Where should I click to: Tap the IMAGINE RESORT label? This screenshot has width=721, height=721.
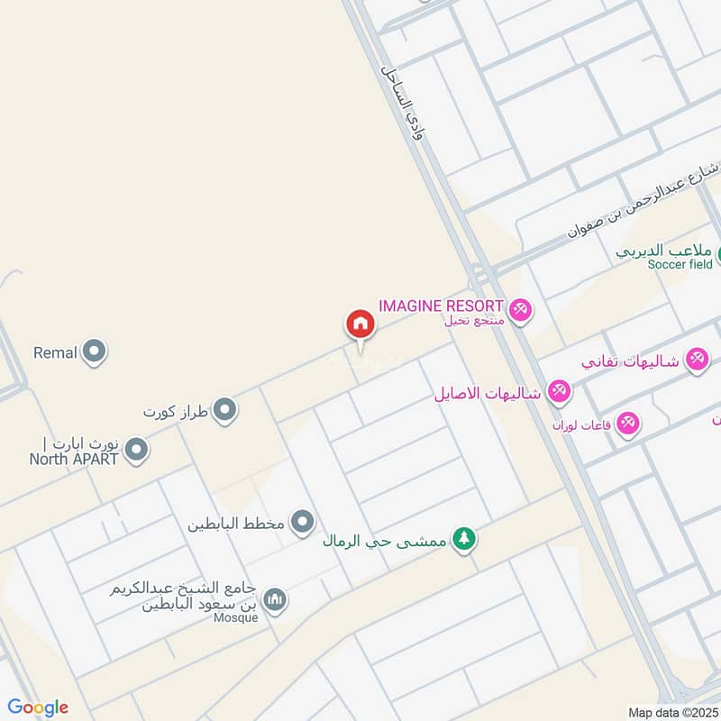click(441, 306)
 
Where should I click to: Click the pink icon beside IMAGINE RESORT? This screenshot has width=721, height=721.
click(520, 311)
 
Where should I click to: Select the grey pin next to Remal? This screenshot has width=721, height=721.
click(94, 352)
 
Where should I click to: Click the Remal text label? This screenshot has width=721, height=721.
click(55, 352)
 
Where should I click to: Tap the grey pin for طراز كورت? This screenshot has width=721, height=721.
click(225, 411)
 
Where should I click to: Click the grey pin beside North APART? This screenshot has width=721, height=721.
click(136, 450)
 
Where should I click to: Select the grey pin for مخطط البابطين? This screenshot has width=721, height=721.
click(304, 522)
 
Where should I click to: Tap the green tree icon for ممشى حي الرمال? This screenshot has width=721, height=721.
click(464, 540)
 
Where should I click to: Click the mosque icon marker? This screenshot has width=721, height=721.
click(275, 599)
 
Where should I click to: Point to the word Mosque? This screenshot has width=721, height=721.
click(236, 617)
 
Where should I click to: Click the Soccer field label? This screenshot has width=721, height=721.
click(680, 263)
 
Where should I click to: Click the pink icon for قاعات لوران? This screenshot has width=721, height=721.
click(627, 423)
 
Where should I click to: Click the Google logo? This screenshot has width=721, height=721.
click(38, 707)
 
